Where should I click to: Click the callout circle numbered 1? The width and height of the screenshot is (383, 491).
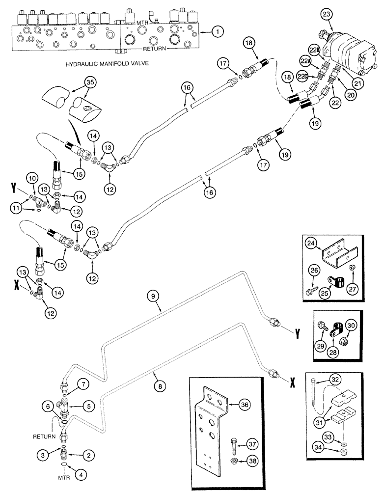click(x=219, y=32)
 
